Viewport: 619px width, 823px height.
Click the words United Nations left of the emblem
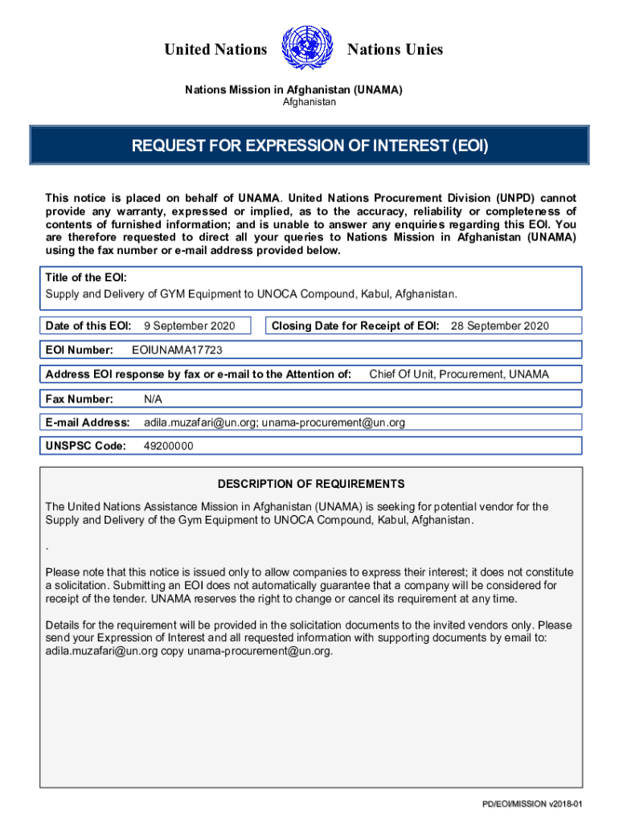click(x=215, y=50)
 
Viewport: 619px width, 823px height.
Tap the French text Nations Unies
click(x=395, y=50)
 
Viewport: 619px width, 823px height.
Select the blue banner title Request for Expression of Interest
click(x=309, y=146)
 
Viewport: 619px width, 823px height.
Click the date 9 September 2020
click(x=189, y=326)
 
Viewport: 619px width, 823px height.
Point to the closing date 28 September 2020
click(x=499, y=326)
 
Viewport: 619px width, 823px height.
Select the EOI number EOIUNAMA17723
click(x=177, y=350)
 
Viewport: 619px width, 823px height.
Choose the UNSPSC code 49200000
click(x=168, y=446)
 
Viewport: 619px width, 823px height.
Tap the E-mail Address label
click(x=88, y=422)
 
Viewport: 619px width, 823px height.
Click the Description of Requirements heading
click(x=311, y=484)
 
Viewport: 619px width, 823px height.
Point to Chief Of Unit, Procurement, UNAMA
click(x=459, y=374)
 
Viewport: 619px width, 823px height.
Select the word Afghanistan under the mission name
click(x=309, y=102)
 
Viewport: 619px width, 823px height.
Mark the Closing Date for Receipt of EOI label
click(x=355, y=326)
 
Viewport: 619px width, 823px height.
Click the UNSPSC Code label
click(x=85, y=446)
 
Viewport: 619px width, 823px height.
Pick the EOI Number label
click(x=78, y=350)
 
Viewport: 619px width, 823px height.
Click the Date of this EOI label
click(x=88, y=326)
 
